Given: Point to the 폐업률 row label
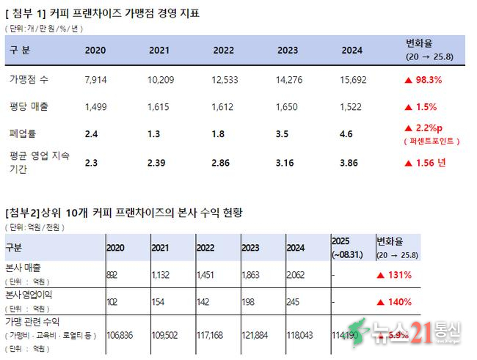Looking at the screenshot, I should pos(23,133).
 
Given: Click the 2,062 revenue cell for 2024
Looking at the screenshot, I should pos(298,275).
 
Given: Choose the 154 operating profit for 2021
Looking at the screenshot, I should pos(159,301).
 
